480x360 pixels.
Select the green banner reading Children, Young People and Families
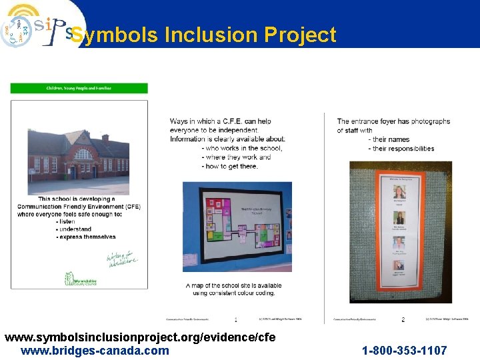pyautogui.click(x=79, y=88)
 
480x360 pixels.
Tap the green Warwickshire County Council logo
pyautogui.click(x=81, y=278)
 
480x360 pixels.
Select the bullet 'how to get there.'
pyautogui.click(x=231, y=166)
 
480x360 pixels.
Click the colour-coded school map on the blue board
pyautogui.click(x=237, y=227)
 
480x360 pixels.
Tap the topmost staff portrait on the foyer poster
pyautogui.click(x=400, y=191)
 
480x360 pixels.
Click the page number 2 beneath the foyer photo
pyautogui.click(x=403, y=319)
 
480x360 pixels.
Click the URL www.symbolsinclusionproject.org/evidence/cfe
pyautogui.click(x=140, y=338)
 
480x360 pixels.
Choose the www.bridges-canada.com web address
pyautogui.click(x=95, y=351)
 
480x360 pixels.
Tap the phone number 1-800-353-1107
pyautogui.click(x=404, y=351)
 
